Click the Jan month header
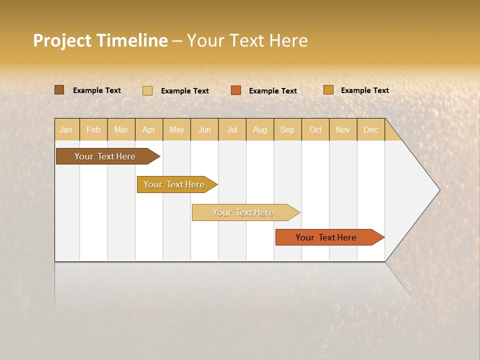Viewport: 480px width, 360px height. tap(66, 129)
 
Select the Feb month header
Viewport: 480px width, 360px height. tap(93, 129)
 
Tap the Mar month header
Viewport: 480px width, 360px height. tap(121, 129)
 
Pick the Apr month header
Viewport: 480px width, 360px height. tap(149, 129)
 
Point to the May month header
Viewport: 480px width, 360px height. tap(176, 129)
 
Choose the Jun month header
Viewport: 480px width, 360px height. tap(204, 129)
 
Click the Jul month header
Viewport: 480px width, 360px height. tap(232, 129)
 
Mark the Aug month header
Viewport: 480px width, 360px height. tap(260, 129)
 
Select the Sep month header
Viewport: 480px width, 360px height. tap(287, 129)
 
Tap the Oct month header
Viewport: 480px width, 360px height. tap(315, 129)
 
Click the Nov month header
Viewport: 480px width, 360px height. tap(343, 129)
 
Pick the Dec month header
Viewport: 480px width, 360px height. tap(371, 129)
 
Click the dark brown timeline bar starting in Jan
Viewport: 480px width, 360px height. tap(105, 156)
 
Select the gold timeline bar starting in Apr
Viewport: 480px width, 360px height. tap(174, 184)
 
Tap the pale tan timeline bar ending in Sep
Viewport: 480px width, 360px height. tap(243, 212)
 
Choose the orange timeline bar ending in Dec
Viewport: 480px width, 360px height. tap(326, 237)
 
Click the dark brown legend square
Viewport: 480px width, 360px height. tap(59, 90)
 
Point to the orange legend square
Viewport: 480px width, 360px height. tap(236, 90)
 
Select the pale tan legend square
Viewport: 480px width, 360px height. tap(147, 90)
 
